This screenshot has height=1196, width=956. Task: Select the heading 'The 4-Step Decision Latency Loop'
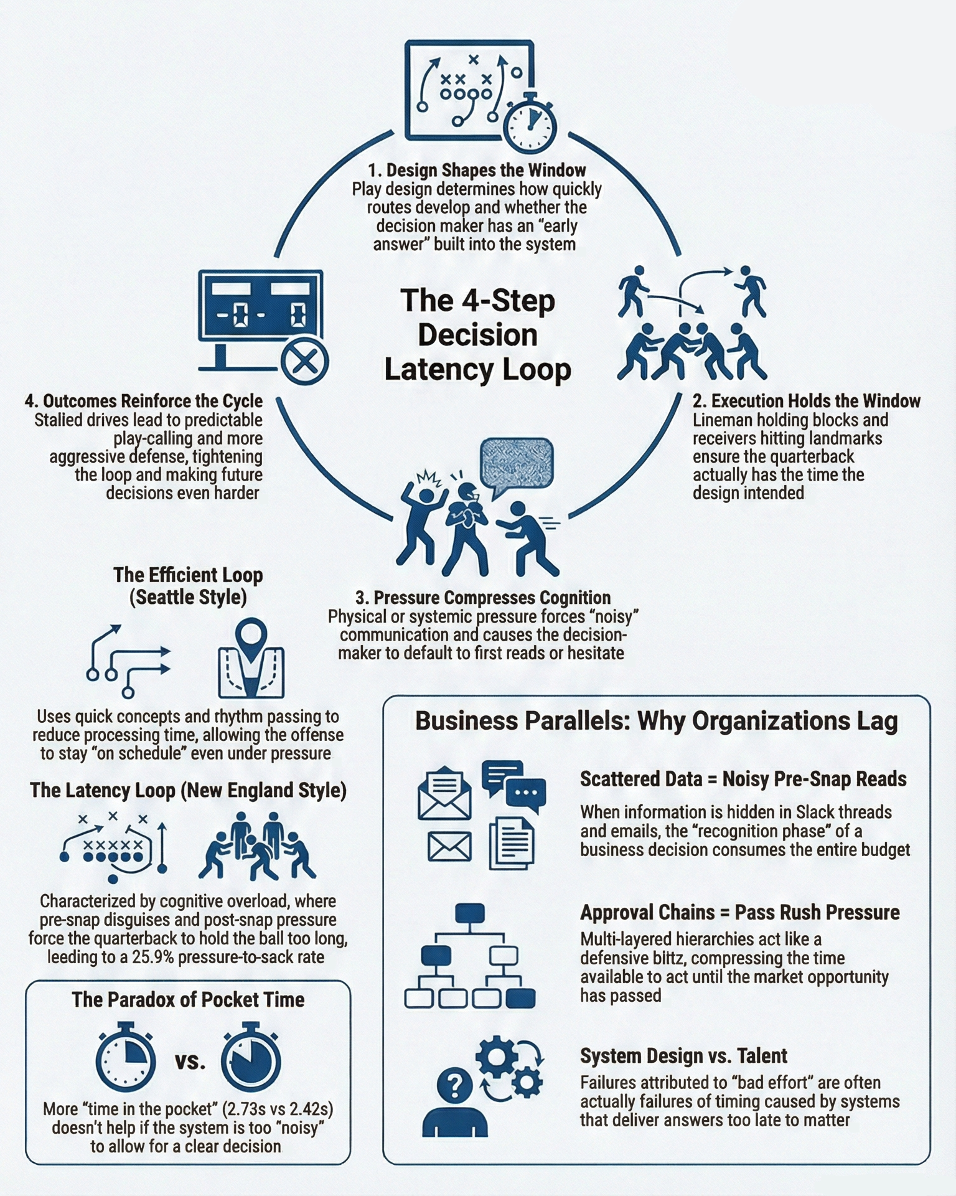pyautogui.click(x=477, y=334)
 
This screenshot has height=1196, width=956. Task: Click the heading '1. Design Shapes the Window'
pyautogui.click(x=477, y=170)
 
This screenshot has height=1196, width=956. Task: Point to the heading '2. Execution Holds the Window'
pyautogui.click(x=807, y=400)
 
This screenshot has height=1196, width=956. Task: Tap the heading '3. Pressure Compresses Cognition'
pyautogui.click(x=483, y=598)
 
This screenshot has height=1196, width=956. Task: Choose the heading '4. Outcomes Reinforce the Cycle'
pyautogui.click(x=144, y=400)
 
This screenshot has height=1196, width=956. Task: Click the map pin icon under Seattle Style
pyautogui.click(x=251, y=659)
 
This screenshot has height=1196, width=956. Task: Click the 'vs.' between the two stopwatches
pyautogui.click(x=190, y=1060)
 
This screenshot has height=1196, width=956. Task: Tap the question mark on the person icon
pyautogui.click(x=455, y=1087)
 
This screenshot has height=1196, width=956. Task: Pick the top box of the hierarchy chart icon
pyautogui.click(x=470, y=913)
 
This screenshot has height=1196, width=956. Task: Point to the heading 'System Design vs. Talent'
pyautogui.click(x=684, y=1056)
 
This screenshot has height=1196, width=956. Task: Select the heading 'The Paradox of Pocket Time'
pyautogui.click(x=188, y=999)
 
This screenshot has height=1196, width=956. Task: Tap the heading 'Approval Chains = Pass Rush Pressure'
pyautogui.click(x=740, y=912)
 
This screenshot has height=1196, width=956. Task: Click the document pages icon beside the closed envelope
pyautogui.click(x=512, y=844)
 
